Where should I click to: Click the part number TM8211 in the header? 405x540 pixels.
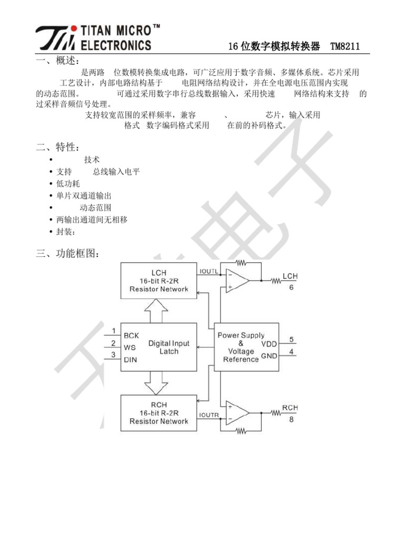click(x=345, y=46)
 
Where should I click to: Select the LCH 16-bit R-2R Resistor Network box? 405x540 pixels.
click(x=159, y=281)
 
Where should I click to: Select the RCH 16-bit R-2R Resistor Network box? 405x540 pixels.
click(x=159, y=413)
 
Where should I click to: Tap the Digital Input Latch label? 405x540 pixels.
click(x=169, y=347)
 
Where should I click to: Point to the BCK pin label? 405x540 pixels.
click(x=131, y=335)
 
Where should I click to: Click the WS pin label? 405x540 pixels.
click(x=130, y=348)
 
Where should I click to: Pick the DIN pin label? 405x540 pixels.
click(x=131, y=360)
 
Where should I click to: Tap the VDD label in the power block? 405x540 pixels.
click(x=268, y=344)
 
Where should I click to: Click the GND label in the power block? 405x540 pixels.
click(x=268, y=356)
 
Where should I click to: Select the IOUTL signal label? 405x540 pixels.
click(x=209, y=271)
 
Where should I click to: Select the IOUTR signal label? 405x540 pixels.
click(x=209, y=416)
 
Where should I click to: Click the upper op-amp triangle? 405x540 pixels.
click(x=236, y=281)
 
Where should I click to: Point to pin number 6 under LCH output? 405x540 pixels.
click(x=291, y=288)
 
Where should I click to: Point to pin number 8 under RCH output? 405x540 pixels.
click(x=291, y=420)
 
